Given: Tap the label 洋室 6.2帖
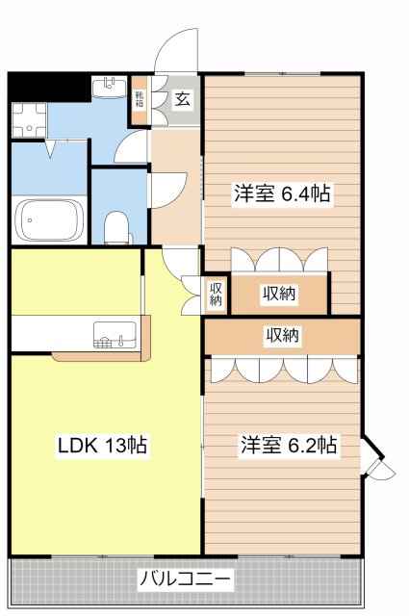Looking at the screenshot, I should (288, 446).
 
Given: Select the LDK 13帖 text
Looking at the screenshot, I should (100, 446).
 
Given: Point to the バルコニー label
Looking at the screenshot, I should (185, 581).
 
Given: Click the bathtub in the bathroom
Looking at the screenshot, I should (48, 222).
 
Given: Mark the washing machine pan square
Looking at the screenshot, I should (29, 119).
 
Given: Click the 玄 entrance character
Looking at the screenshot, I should (181, 97).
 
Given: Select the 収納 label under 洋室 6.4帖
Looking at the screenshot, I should (279, 295).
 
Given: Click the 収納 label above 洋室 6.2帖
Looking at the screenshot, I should (282, 336).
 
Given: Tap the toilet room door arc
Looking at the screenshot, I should (166, 186).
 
